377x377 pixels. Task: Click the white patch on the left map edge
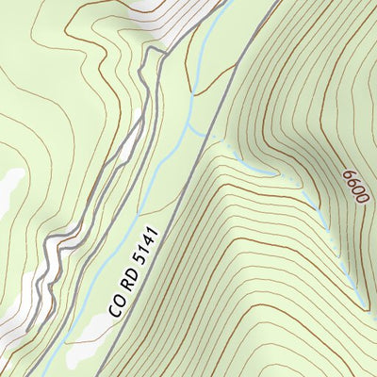click(x=9, y=188)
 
